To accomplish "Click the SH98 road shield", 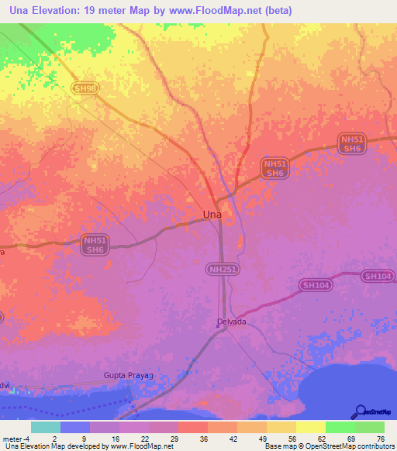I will pos(85,89).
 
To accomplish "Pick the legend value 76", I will pos(380,438).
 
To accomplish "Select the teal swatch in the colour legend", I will pos(46,427).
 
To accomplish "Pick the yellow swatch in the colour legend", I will pos(310,427).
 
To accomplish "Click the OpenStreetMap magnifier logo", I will pos(361,411).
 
